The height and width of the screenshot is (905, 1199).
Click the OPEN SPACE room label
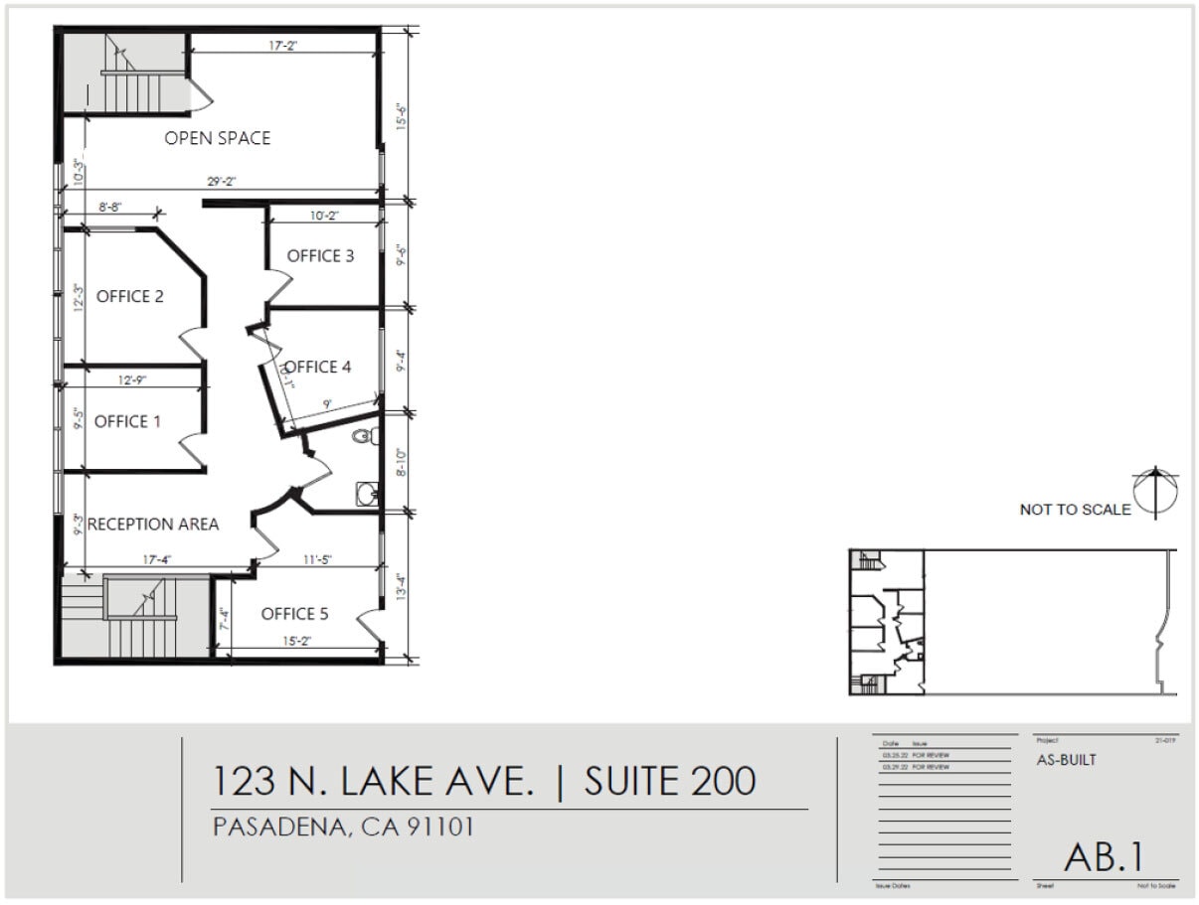tap(217, 138)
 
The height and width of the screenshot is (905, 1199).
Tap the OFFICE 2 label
tap(130, 296)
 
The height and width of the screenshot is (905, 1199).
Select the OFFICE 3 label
tap(320, 256)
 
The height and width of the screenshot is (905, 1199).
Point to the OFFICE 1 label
tap(127, 422)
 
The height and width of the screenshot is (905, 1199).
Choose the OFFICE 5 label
tap(294, 614)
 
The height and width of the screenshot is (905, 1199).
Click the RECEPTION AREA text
tap(153, 524)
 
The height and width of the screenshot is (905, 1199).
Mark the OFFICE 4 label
tap(318, 367)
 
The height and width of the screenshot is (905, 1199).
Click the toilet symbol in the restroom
tap(365, 435)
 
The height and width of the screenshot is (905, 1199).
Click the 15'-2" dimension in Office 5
tap(297, 642)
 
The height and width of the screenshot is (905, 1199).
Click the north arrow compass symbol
tap(1157, 493)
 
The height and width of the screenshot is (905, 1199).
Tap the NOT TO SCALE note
tap(1075, 510)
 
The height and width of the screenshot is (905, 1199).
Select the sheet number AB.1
tap(1104, 857)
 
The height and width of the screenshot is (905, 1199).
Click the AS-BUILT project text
tap(1067, 761)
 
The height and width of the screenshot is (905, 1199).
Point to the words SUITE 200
tap(669, 781)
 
